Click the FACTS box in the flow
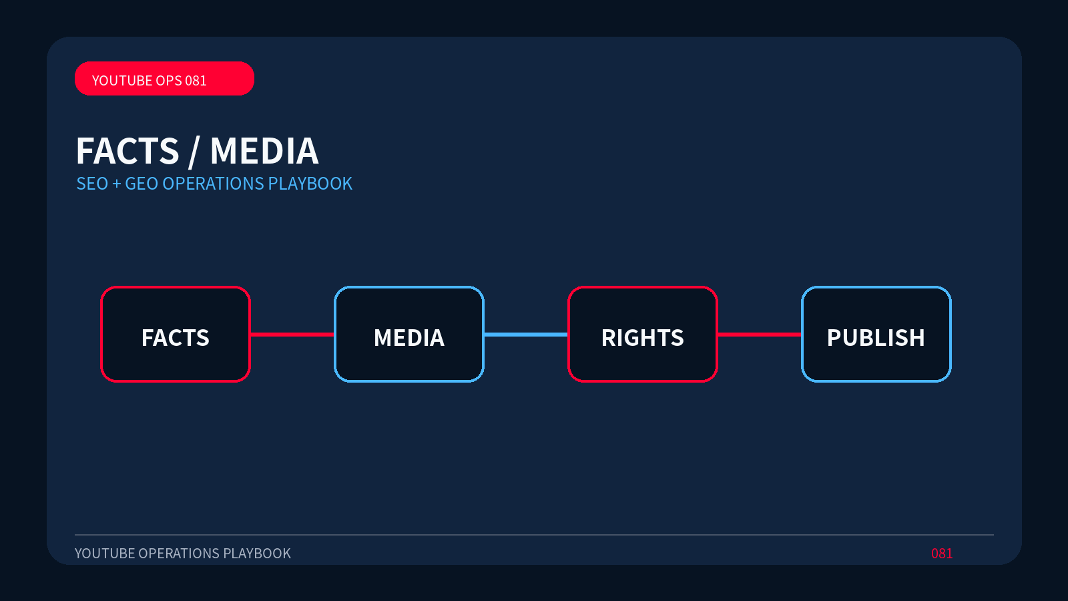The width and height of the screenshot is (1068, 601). coord(176,334)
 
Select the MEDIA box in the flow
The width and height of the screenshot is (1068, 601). coord(409,334)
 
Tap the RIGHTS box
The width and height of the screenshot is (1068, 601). coord(643,334)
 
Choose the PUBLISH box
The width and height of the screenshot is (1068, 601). coord(876,334)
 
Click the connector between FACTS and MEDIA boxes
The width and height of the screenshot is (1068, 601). coord(292,335)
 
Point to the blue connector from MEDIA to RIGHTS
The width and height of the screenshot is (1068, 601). coord(526,335)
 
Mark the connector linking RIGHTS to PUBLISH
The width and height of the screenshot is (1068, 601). coord(760,335)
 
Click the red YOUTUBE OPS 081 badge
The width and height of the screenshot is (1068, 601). coord(164,78)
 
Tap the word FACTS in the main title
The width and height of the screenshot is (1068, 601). coord(127,151)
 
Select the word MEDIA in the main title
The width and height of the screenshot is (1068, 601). coord(264,151)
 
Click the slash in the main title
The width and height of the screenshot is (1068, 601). coord(194,152)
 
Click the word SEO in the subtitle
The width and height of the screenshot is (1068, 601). coord(93,184)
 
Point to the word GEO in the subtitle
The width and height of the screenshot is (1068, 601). coord(142,184)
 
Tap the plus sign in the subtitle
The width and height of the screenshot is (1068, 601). coord(116,184)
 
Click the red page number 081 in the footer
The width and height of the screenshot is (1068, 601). coord(942,554)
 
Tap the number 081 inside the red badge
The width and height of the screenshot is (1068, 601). coord(196,81)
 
